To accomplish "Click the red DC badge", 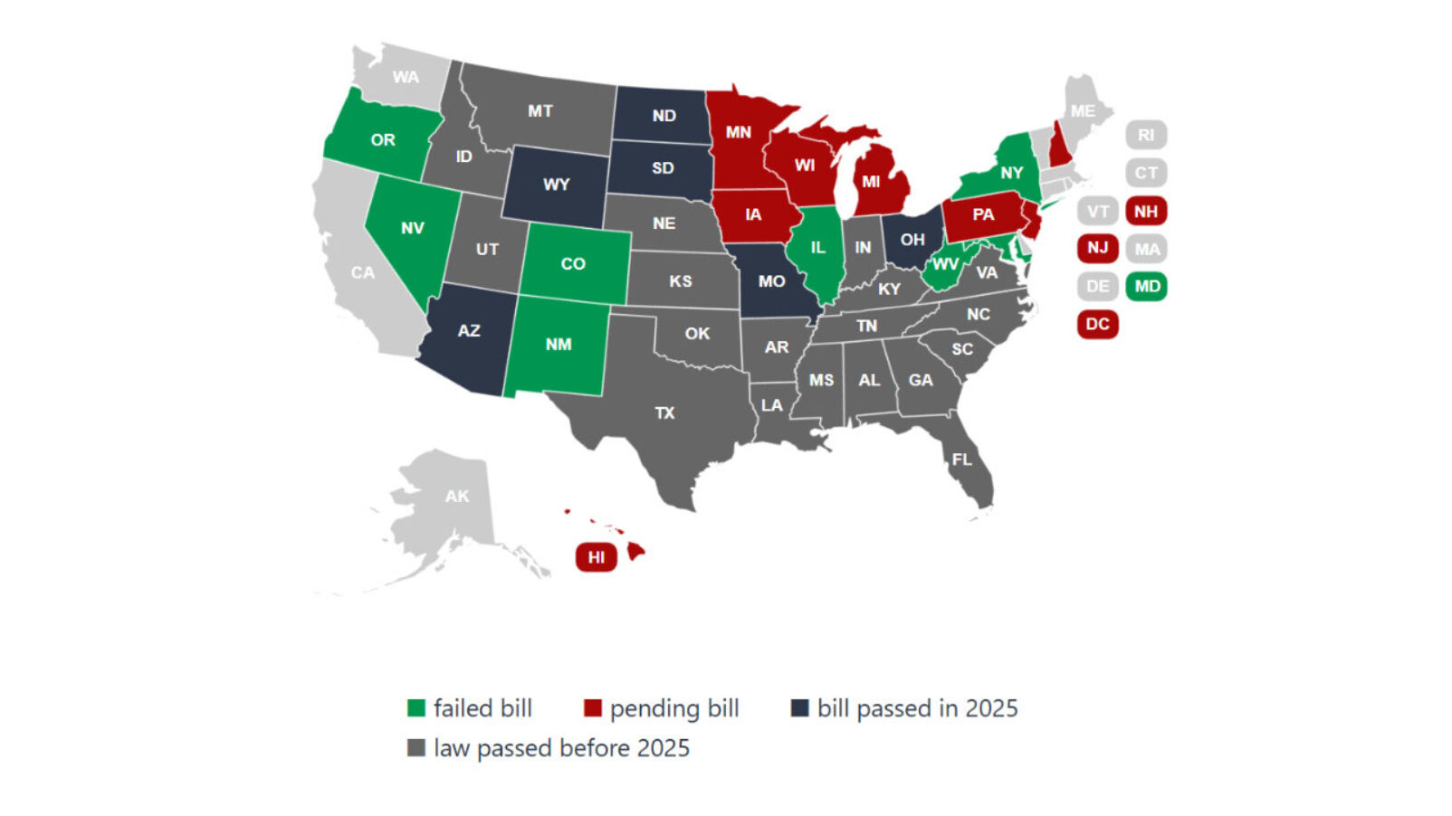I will click(1097, 324).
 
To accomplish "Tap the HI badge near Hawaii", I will click(596, 556).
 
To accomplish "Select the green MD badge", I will click(1146, 286).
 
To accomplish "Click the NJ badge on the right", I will click(1097, 248).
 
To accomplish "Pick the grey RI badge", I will click(1146, 135).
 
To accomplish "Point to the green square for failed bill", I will click(416, 708).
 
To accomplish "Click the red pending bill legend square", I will click(593, 708).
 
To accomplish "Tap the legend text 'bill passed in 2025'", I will click(917, 708).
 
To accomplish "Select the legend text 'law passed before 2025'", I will click(561, 748).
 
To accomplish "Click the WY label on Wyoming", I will click(556, 185).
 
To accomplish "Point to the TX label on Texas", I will click(664, 413).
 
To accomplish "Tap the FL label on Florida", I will click(961, 460).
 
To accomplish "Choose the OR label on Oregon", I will click(382, 140).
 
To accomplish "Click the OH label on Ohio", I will click(912, 240).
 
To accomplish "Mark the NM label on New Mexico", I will click(559, 344).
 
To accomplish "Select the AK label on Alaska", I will click(457, 496).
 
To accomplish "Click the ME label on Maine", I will click(1083, 111).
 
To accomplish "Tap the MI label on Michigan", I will click(871, 181).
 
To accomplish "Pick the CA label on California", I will click(362, 272).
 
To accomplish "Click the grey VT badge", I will click(1097, 212).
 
